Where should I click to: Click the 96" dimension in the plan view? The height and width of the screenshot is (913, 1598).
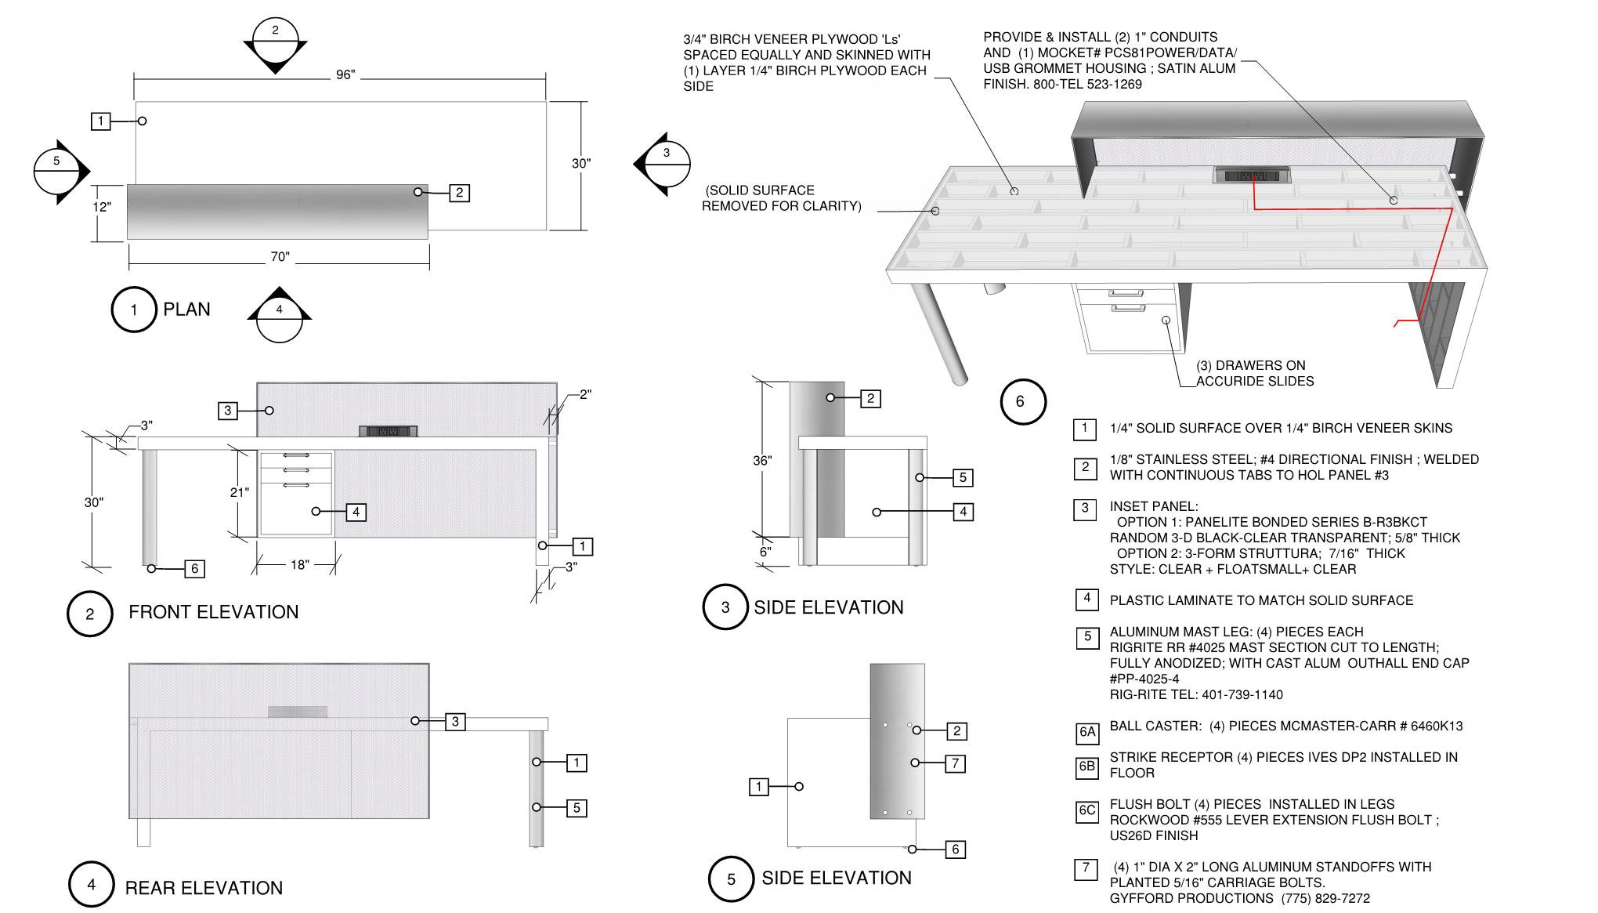click(345, 75)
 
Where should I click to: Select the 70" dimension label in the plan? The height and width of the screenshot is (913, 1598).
click(280, 257)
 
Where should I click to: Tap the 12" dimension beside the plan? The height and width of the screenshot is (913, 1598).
click(102, 208)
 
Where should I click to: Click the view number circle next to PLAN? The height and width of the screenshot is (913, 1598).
click(134, 310)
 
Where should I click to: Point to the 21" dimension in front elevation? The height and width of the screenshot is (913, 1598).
click(239, 492)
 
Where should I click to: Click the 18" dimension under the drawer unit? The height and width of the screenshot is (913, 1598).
click(299, 565)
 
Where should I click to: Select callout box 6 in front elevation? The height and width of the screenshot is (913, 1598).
click(195, 569)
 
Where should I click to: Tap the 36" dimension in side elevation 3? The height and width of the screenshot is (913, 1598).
click(762, 461)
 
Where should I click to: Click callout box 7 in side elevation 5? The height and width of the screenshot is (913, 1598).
click(955, 763)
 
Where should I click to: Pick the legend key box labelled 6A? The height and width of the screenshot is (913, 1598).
click(1087, 733)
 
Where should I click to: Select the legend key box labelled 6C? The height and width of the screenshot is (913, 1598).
click(1087, 811)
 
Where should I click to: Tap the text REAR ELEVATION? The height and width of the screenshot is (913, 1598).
click(204, 888)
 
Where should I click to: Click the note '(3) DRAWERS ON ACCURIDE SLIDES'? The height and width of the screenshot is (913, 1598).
click(1254, 374)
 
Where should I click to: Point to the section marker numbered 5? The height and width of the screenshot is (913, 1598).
click(57, 172)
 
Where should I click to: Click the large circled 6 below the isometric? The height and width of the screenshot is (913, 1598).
click(1020, 402)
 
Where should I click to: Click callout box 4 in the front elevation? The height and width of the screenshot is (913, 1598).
click(356, 513)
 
